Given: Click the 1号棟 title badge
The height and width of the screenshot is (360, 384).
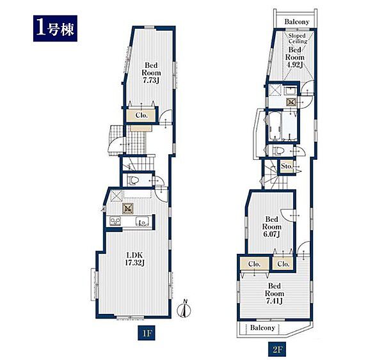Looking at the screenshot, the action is [x=55, y=28].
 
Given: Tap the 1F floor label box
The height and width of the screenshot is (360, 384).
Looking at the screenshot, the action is [x=147, y=333].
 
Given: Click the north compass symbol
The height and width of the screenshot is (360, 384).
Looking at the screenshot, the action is [x=184, y=309].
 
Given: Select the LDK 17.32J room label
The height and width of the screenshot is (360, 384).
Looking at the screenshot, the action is [x=134, y=259].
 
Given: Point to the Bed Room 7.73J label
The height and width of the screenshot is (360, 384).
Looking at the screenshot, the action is [x=151, y=73].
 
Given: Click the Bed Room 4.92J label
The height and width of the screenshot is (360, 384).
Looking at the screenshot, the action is [x=295, y=57].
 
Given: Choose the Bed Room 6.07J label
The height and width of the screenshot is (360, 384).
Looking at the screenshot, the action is [x=271, y=226].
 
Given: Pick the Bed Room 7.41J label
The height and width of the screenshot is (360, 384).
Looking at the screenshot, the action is [x=275, y=293].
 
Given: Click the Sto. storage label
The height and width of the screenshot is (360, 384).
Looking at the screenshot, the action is [x=287, y=166].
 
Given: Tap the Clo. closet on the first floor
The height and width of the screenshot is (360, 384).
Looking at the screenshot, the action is [x=141, y=115].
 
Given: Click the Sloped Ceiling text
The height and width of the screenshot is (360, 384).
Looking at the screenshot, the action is [x=298, y=38].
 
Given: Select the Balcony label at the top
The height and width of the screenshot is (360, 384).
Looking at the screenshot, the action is [x=296, y=22].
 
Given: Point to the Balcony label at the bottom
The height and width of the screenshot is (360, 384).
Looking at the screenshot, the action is [x=262, y=327].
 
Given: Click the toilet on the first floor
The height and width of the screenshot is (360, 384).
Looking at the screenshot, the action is [x=133, y=180].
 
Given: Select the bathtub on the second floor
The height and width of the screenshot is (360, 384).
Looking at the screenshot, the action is [x=275, y=126].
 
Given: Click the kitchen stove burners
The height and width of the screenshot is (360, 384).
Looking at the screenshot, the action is [x=115, y=221].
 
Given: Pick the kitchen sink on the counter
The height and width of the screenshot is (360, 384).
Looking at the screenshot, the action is [x=143, y=221].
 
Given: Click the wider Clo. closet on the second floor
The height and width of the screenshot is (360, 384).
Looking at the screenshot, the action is [x=255, y=264].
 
